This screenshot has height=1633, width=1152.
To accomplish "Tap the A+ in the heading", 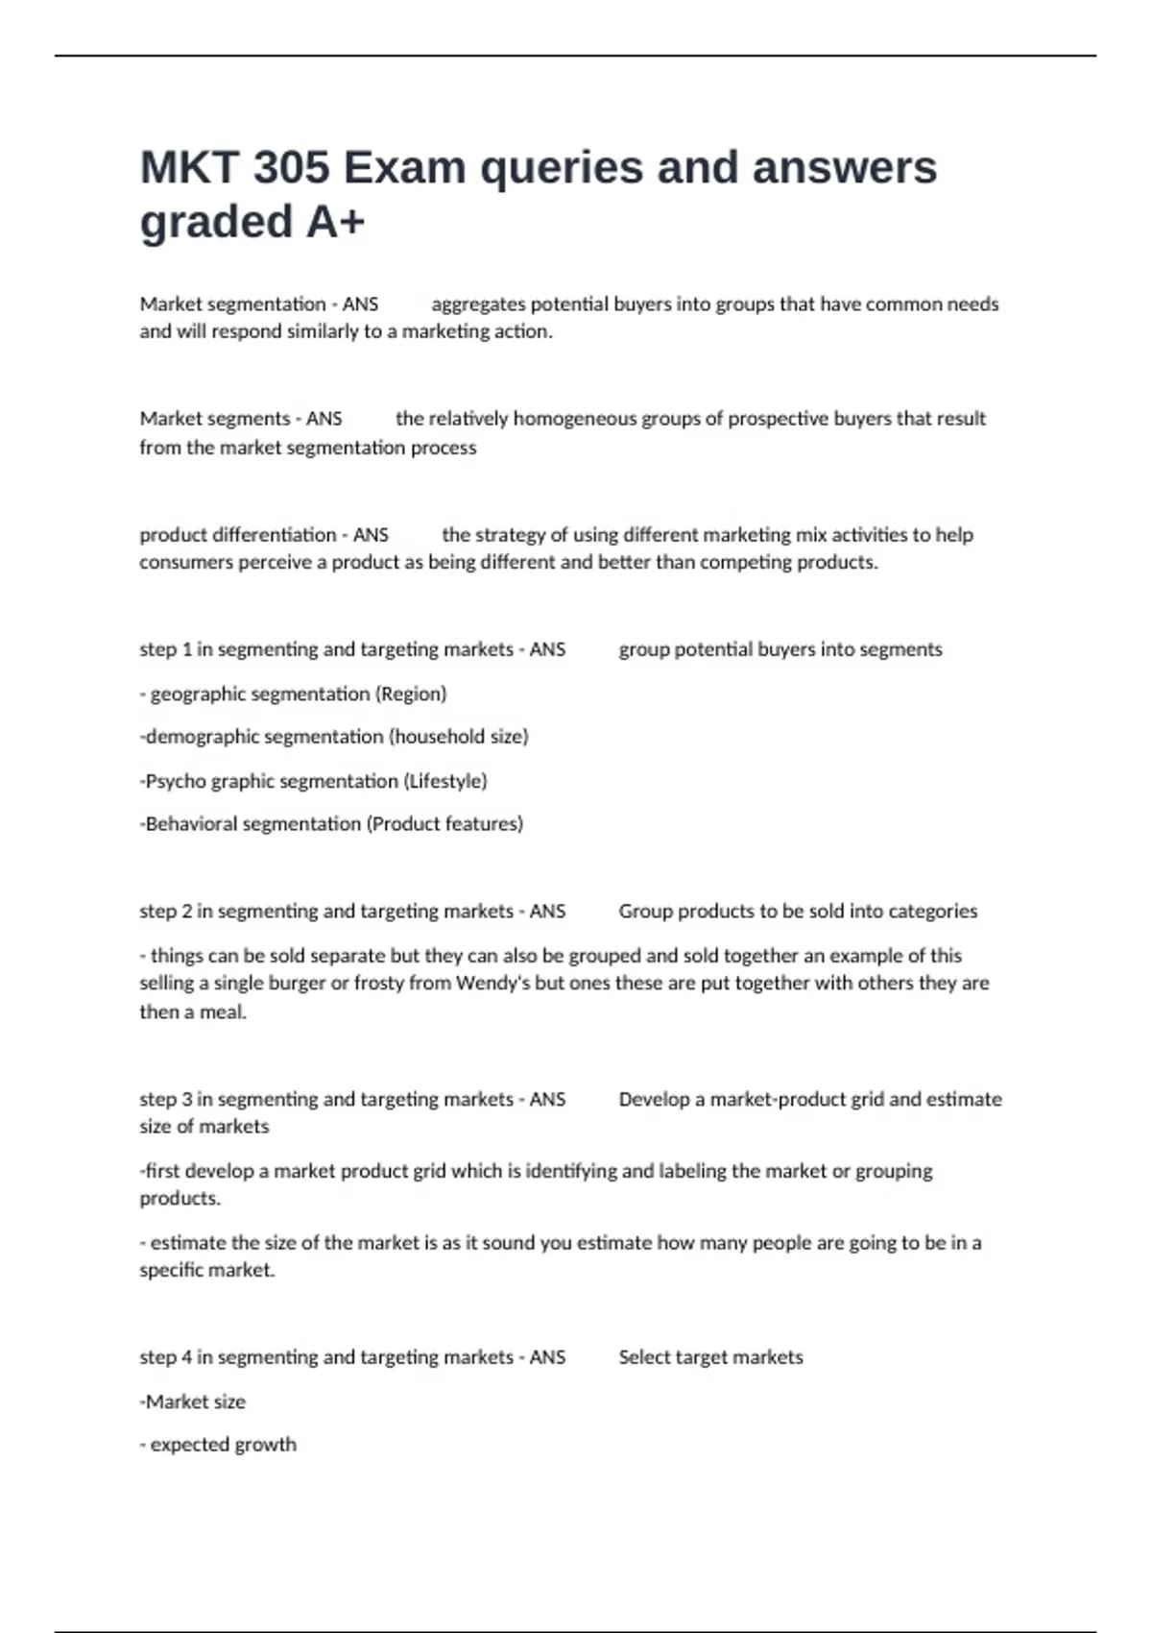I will coord(335,222).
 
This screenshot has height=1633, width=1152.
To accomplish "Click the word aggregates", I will coord(478,305).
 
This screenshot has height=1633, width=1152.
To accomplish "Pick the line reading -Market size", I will coord(193,1402).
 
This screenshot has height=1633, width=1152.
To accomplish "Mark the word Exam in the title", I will coord(404,168).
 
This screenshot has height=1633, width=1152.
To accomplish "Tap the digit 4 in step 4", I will coord(186,1357).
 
